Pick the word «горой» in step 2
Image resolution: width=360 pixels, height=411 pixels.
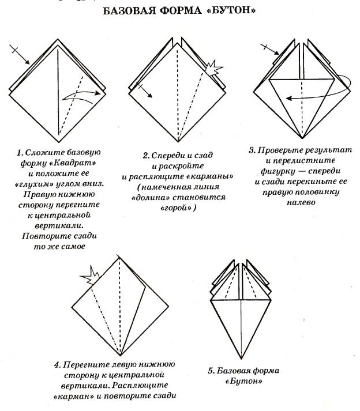point(180,208)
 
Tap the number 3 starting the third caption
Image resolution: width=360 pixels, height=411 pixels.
point(252,151)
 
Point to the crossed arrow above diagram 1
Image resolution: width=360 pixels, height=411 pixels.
point(20,53)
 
